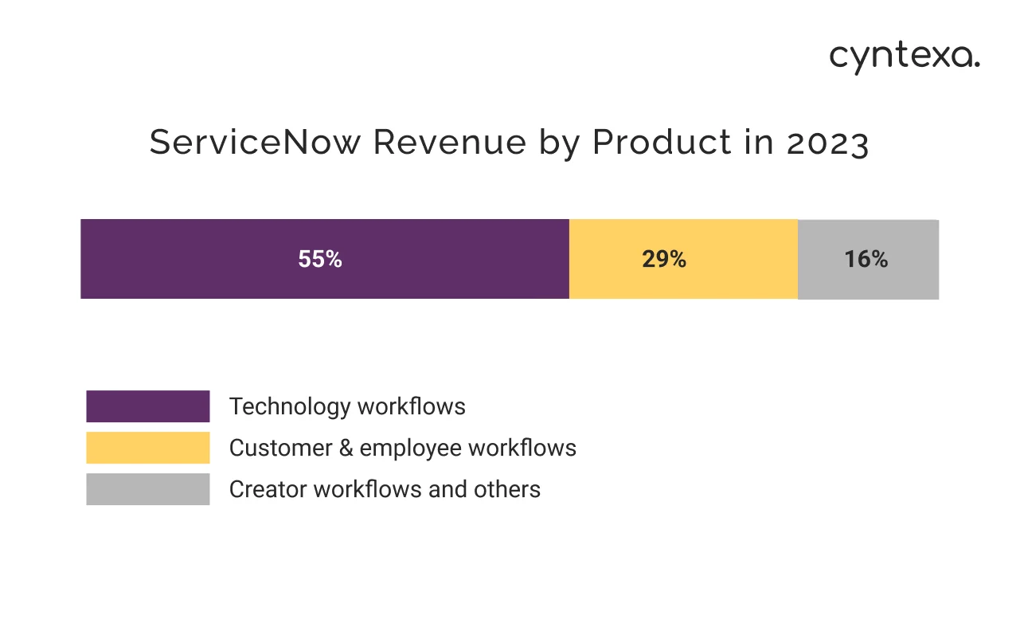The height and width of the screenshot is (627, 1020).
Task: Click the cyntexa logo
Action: tap(905, 57)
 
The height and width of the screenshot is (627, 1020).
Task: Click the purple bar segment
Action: tap(199, 259)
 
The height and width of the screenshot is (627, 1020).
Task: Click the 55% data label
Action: tap(320, 259)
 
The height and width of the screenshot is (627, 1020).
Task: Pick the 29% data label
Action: tap(664, 259)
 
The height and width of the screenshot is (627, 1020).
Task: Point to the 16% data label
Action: tap(866, 259)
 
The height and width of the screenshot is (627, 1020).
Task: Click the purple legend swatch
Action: tap(148, 406)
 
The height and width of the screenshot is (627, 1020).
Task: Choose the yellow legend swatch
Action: tap(148, 448)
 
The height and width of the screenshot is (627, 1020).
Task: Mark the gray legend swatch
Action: tap(148, 489)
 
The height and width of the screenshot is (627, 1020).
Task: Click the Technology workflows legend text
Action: tap(347, 406)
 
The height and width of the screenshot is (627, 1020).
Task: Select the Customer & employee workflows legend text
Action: tap(402, 448)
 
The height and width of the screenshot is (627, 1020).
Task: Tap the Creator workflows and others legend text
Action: tap(385, 489)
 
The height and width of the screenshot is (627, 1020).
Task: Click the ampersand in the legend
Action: tap(345, 449)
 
